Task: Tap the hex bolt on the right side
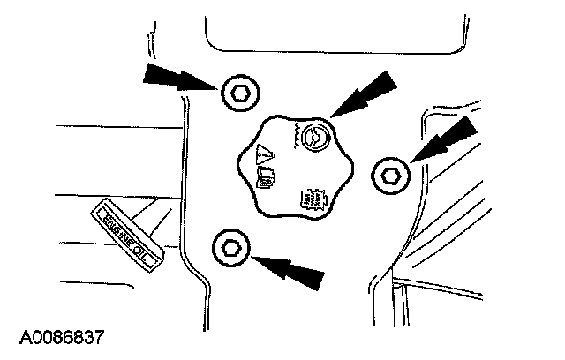pos(388,175)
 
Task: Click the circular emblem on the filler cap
pos(312,137)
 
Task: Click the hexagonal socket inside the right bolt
pos(388,175)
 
